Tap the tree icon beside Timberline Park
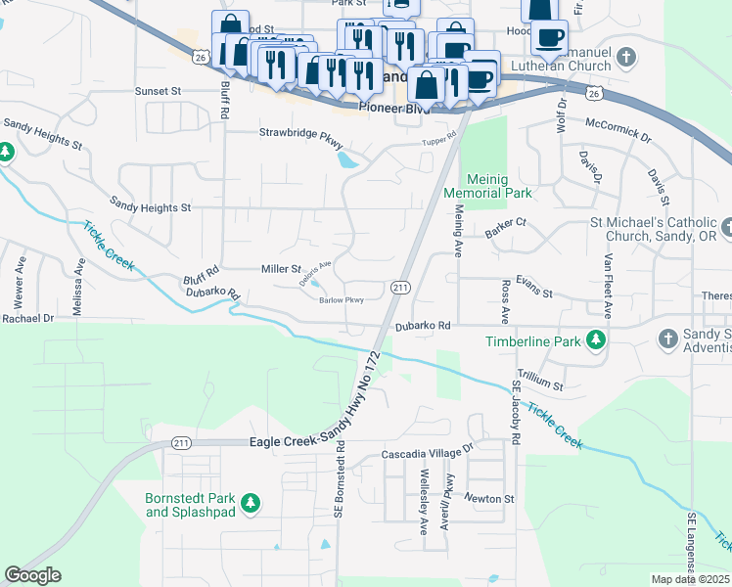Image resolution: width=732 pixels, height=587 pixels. tap(593, 340)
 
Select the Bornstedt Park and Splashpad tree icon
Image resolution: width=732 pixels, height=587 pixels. tap(252, 503)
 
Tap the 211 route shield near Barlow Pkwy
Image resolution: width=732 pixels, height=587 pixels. tap(400, 287)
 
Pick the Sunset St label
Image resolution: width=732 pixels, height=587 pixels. tap(159, 90)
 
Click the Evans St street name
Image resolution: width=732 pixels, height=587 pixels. tap(534, 293)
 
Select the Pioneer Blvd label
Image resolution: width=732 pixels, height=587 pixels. tap(389, 109)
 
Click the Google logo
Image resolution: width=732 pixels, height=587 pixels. tap(32, 574)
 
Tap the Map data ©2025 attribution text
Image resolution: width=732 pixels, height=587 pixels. tap(689, 579)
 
